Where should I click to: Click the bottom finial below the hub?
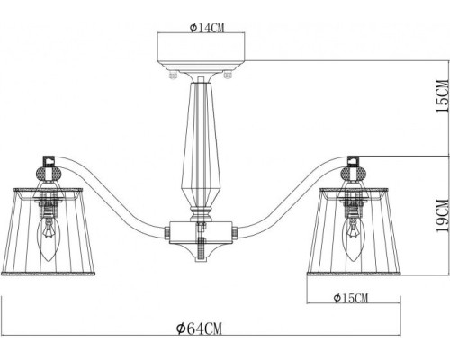(200, 254)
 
